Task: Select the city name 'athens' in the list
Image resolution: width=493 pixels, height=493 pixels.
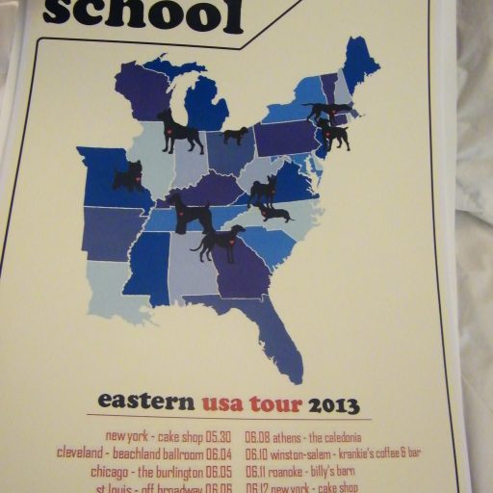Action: (x=290, y=436)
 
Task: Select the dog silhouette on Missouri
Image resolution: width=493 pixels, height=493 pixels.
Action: (x=128, y=176)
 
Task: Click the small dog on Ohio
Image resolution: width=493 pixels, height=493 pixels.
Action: (x=236, y=135)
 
